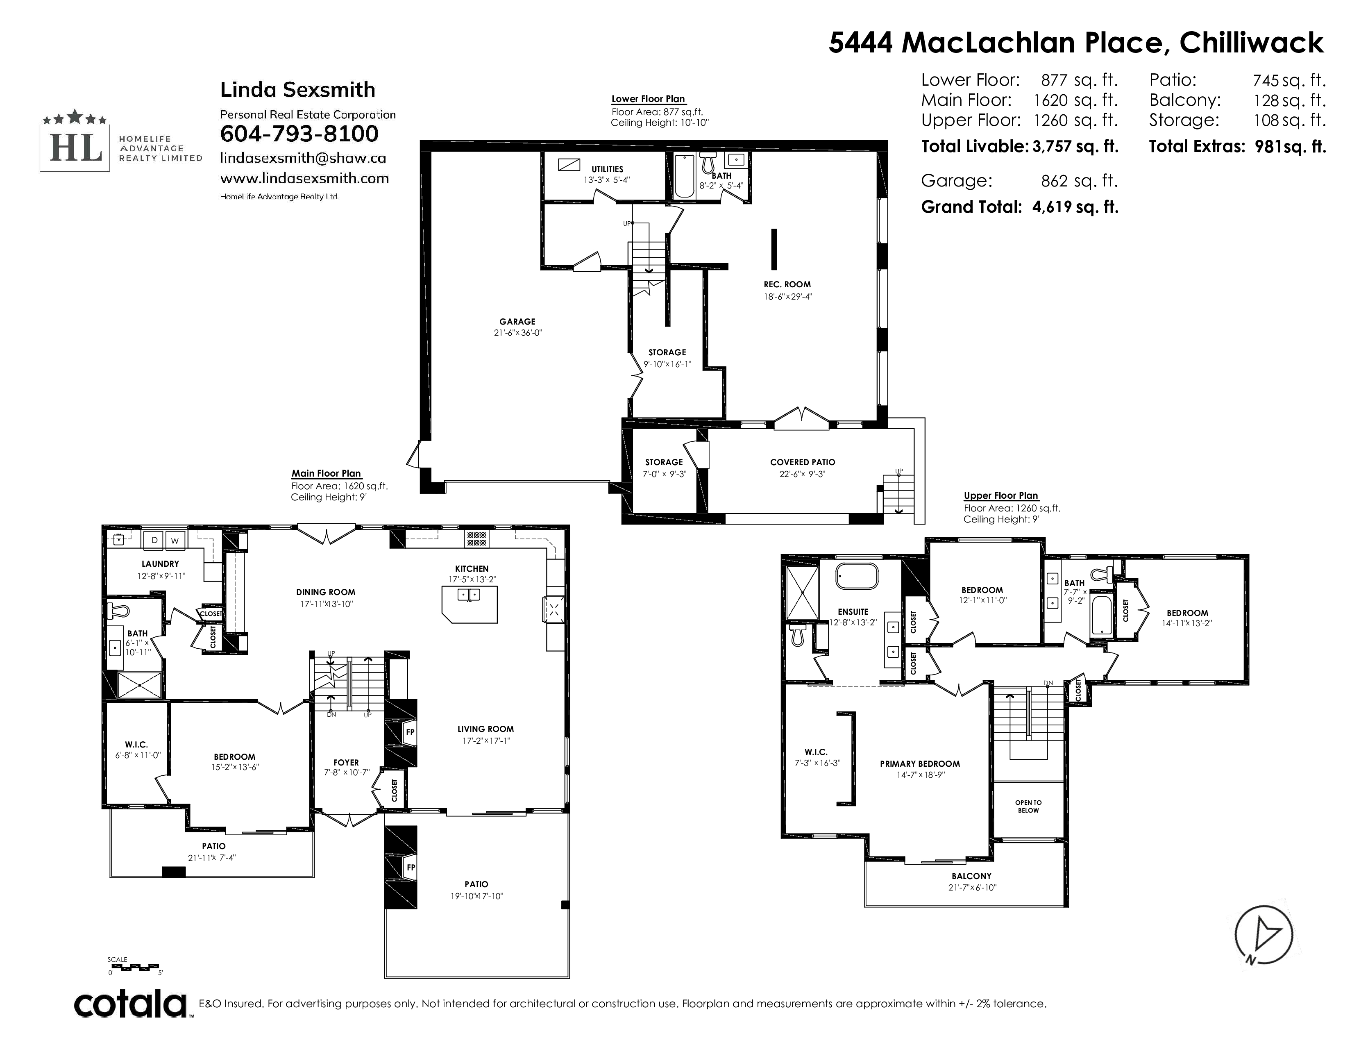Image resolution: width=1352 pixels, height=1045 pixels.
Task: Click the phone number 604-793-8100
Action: click(x=299, y=134)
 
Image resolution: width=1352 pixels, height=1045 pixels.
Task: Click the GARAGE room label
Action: click(x=517, y=321)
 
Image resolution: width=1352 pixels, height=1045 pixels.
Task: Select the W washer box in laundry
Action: click(x=175, y=541)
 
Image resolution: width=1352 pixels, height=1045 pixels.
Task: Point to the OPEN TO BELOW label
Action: click(x=1028, y=806)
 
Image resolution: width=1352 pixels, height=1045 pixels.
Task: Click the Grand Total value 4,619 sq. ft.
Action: click(x=1075, y=207)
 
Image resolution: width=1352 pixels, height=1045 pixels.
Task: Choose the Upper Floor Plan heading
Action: click(x=1001, y=495)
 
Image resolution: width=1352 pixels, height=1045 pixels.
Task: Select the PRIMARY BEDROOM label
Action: click(x=920, y=763)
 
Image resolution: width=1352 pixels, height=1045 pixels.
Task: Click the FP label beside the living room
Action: click(x=410, y=732)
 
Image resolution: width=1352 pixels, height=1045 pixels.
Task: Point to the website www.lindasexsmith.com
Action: click(x=304, y=178)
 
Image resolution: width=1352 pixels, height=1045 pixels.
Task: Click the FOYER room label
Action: click(x=346, y=763)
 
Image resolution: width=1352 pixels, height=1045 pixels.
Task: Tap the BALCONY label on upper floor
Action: click(x=971, y=876)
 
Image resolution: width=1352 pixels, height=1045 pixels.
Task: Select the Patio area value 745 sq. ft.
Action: click(x=1289, y=80)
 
